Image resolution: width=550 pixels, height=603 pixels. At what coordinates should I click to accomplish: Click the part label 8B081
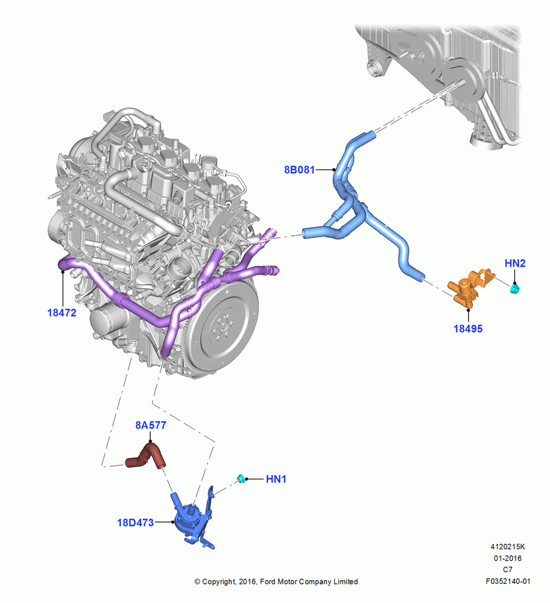click(299, 169)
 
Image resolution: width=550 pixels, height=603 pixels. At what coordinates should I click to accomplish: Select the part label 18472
click(62, 312)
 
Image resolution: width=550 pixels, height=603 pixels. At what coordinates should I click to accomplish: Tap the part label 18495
click(468, 329)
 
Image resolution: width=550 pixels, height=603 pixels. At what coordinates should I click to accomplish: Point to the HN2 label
click(514, 264)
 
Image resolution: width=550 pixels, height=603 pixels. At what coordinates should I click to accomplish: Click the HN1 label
click(276, 479)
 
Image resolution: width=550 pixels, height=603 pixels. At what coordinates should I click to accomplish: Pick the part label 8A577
click(151, 425)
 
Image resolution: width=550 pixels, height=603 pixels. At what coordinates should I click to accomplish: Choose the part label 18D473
click(135, 523)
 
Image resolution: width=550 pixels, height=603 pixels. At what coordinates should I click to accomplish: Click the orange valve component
click(470, 288)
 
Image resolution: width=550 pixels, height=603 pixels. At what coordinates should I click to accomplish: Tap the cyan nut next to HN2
click(514, 288)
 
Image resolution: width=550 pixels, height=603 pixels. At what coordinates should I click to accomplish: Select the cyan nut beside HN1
click(241, 478)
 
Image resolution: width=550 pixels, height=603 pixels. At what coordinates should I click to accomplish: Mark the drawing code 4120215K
click(508, 547)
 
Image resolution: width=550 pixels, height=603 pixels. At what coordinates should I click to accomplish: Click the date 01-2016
click(508, 558)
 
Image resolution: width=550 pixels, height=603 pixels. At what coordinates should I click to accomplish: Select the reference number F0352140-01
click(508, 581)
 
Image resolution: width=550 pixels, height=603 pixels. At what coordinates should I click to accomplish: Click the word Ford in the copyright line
click(268, 582)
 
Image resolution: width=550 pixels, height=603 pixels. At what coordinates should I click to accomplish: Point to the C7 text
click(508, 570)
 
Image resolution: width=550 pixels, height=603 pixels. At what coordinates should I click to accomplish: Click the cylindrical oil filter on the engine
click(109, 321)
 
